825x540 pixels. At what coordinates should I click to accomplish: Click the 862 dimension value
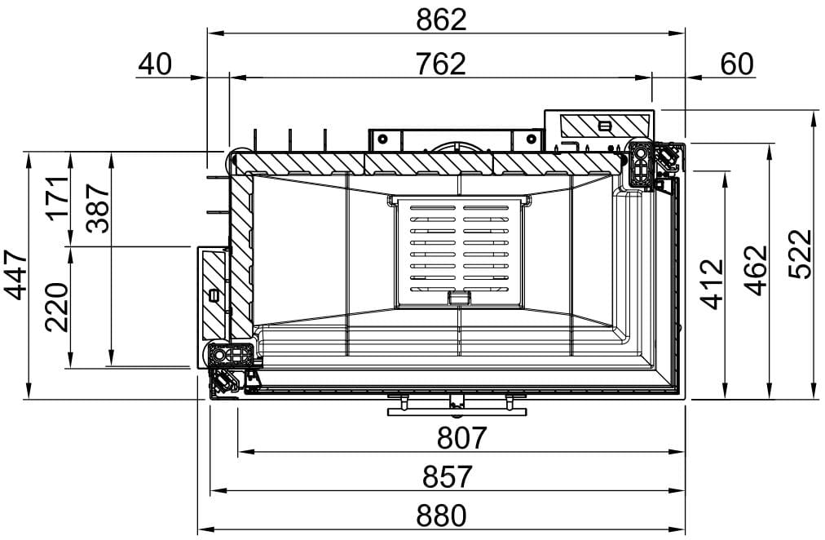coord(441,20)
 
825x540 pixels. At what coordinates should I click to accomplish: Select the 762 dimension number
coord(440,64)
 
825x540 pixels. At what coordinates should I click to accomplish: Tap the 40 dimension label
coord(155,64)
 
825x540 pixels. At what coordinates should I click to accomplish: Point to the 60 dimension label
coord(737,64)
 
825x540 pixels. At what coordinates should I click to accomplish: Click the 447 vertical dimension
coord(15,275)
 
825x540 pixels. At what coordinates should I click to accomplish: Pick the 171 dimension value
coord(57,198)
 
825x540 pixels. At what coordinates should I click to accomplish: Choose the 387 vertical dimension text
coord(99,208)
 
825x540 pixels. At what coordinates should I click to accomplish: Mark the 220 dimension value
coord(57,308)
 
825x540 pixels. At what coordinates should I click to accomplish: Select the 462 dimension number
coord(757,271)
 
